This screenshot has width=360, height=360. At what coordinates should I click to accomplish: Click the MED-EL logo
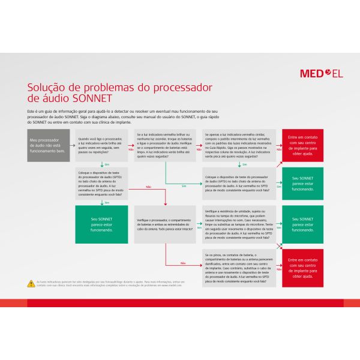click(321, 74)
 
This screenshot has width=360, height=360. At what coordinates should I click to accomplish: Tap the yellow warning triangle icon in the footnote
click(31, 282)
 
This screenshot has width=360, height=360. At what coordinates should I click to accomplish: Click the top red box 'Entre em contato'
click(302, 145)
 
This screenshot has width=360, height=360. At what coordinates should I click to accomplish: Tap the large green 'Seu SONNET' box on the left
click(101, 224)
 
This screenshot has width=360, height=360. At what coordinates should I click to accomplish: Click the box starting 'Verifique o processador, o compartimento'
click(165, 224)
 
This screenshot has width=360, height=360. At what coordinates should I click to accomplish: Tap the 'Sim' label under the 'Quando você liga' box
click(107, 164)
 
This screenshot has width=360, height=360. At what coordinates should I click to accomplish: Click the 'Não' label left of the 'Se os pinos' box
click(183, 263)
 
